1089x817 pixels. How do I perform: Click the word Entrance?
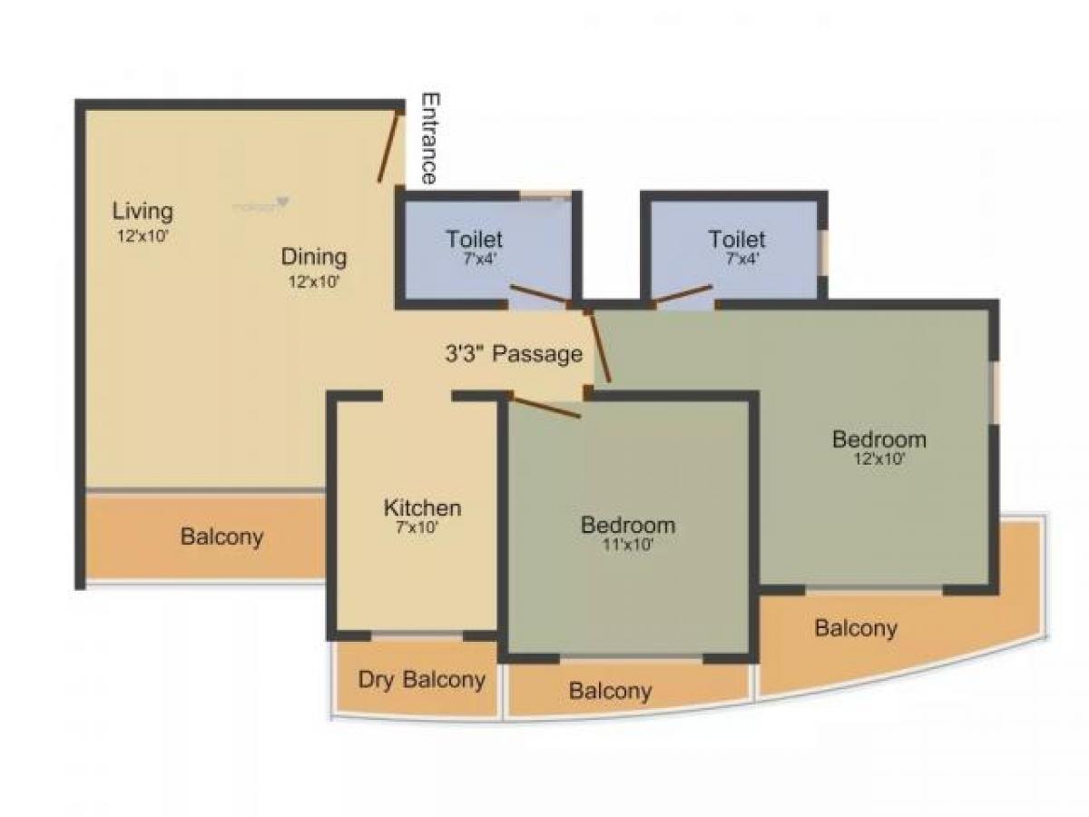(x=429, y=139)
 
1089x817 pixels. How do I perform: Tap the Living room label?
(x=142, y=212)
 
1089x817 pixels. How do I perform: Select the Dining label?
(x=313, y=256)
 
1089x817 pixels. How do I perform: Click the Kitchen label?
(x=422, y=507)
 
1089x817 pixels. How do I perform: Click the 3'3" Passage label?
(x=514, y=354)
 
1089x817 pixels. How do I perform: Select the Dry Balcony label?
(x=421, y=680)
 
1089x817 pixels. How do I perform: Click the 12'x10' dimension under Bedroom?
(x=879, y=459)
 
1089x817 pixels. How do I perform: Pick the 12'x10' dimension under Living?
(x=142, y=235)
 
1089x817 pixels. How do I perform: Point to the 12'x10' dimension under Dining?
(x=313, y=281)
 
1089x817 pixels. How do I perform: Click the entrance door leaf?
(x=390, y=145)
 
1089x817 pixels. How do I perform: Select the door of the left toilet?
(x=540, y=295)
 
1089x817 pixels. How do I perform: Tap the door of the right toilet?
(x=682, y=293)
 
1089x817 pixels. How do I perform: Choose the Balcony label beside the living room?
(x=221, y=536)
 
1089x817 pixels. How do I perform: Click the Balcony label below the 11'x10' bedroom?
(x=610, y=692)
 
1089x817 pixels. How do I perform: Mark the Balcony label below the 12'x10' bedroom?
(x=855, y=628)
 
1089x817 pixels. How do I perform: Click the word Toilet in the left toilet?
(x=474, y=240)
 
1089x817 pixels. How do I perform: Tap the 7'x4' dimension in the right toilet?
(x=737, y=258)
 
